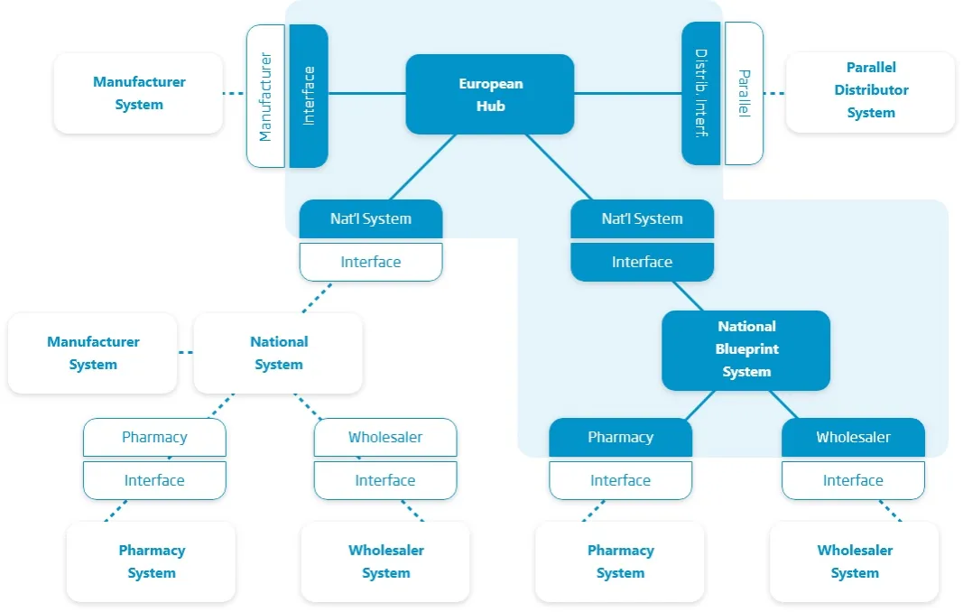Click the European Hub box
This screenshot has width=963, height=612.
click(x=490, y=94)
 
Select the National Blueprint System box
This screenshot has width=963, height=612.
click(x=745, y=350)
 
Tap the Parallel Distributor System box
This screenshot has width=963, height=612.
click(x=870, y=90)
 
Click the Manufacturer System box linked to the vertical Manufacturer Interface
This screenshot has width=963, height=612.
click(x=138, y=93)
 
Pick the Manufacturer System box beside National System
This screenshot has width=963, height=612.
click(x=93, y=353)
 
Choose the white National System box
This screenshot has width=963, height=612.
click(x=278, y=353)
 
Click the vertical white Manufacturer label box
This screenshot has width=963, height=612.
click(x=266, y=96)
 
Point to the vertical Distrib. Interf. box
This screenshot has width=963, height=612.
click(x=701, y=93)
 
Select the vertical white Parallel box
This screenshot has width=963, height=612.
click(x=744, y=93)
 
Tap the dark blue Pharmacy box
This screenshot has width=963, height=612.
click(x=620, y=438)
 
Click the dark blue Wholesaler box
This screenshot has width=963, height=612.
click(x=853, y=438)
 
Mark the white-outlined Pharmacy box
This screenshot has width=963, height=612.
click(x=154, y=438)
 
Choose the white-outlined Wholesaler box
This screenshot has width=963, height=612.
click(x=385, y=438)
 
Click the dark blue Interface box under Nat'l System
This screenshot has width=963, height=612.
click(x=642, y=263)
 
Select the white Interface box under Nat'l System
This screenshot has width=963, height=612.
click(x=370, y=263)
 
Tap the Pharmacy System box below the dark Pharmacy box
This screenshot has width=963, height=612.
click(x=620, y=561)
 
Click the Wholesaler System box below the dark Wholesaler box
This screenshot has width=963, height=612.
click(x=854, y=561)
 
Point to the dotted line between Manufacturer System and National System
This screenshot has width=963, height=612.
click(x=186, y=352)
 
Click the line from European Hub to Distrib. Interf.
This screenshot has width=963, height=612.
click(x=627, y=93)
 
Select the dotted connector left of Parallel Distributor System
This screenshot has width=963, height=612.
click(x=774, y=93)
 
